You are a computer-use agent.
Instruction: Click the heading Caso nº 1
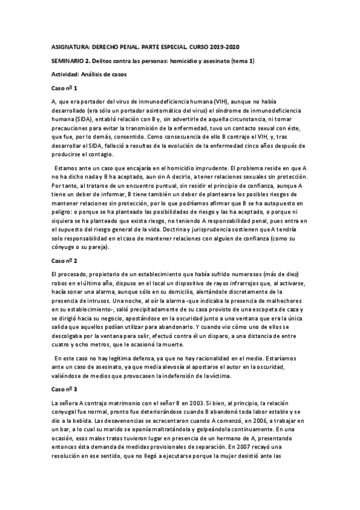coord(64,88)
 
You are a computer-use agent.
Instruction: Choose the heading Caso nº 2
coord(64,261)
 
